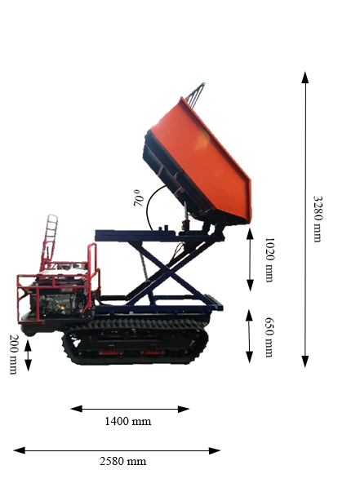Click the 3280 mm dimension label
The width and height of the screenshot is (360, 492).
point(318,219)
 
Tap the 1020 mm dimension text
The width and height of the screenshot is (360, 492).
point(269,259)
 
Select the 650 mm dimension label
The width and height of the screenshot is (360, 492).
point(269,337)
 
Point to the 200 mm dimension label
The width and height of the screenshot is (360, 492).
point(13,354)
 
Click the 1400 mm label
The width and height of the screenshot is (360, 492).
point(127,421)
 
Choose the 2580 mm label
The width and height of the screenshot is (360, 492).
point(123,461)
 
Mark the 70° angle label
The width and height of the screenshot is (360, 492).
point(139,197)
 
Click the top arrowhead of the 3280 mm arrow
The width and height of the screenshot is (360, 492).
point(305,77)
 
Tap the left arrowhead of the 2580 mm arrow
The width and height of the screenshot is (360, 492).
point(19,450)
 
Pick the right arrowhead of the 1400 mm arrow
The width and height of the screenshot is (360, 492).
point(184,409)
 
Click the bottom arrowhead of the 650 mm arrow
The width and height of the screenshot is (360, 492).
point(249,357)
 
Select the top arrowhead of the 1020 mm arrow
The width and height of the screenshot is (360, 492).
point(250,234)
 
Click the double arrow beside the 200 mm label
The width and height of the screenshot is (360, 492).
point(28,356)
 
